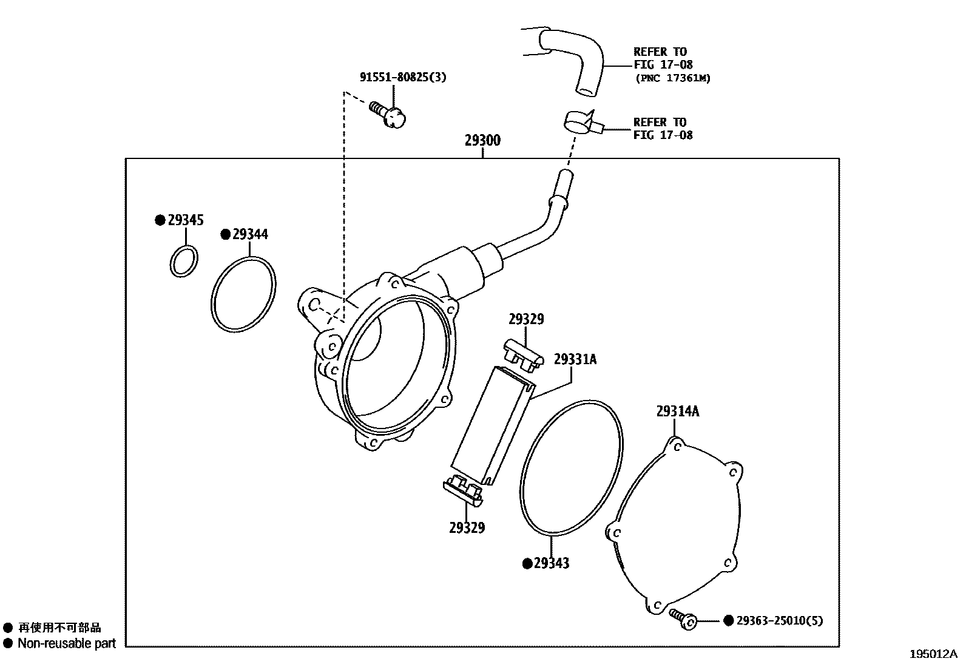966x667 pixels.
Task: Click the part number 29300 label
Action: tap(482, 141)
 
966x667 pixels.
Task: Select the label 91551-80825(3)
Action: tap(403, 77)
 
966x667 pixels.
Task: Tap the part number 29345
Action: tap(186, 220)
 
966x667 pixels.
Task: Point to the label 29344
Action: tap(250, 234)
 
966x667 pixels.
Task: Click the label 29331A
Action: tap(575, 359)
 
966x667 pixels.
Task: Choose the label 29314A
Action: tap(677, 411)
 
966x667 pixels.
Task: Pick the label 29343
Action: tap(552, 563)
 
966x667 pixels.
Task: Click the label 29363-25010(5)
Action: tap(780, 621)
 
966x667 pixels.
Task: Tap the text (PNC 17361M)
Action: tap(672, 78)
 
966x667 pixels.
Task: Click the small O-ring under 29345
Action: tap(183, 262)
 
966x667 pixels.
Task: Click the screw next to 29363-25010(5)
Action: tap(683, 618)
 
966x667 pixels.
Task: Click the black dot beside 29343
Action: tap(527, 563)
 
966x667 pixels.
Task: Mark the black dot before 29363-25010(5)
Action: tap(728, 621)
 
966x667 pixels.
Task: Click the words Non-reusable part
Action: tap(67, 643)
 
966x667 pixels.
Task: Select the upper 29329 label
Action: tap(526, 319)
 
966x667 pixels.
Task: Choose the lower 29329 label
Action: tap(467, 528)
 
